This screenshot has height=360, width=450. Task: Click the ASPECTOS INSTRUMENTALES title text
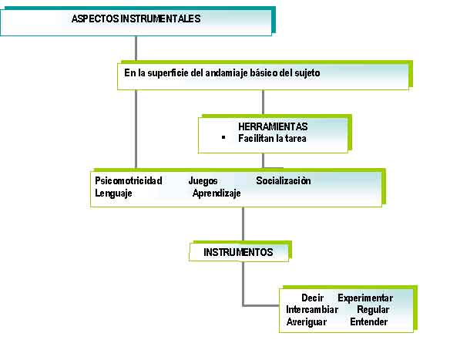tap(136, 19)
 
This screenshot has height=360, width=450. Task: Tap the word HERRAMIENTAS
tap(273, 126)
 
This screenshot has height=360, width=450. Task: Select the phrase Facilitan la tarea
tap(272, 139)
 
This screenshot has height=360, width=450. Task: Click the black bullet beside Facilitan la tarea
tap(223, 137)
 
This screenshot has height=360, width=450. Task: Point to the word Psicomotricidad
tap(129, 180)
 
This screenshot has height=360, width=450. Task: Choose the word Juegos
tap(203, 181)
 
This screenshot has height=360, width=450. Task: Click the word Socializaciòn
tap(284, 180)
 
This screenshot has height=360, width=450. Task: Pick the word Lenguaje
tap(113, 193)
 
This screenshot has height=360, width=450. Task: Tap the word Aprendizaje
tap(217, 193)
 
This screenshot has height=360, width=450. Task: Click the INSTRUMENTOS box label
tap(238, 252)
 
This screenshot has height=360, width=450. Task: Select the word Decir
tap(313, 298)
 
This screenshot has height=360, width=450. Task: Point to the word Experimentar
tap(365, 298)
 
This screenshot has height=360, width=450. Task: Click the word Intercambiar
tap(312, 309)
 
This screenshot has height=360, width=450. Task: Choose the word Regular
tap(373, 310)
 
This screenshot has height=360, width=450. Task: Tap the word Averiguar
tap(307, 322)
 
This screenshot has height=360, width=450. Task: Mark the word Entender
tap(369, 321)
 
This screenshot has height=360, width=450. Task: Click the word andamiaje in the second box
tap(226, 73)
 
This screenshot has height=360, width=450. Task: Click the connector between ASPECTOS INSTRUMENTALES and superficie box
tap(136, 49)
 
